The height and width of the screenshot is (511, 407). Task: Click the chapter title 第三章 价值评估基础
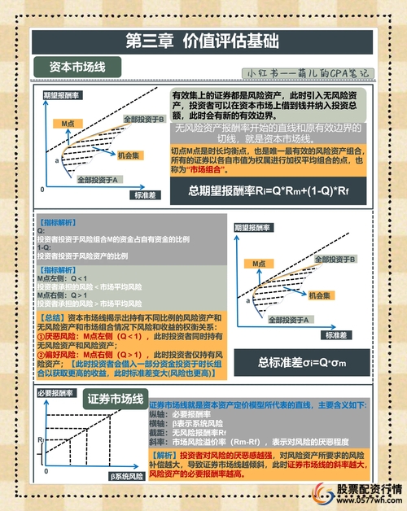pos(203,41)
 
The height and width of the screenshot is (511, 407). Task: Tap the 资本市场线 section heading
pos(79,66)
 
